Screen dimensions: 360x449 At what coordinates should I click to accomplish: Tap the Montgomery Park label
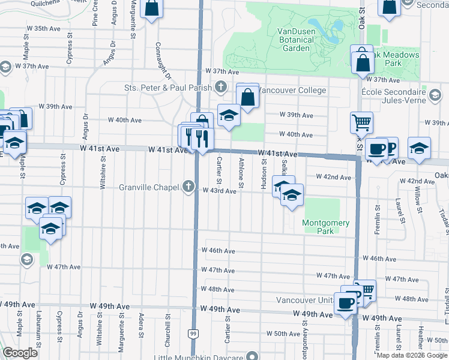325,227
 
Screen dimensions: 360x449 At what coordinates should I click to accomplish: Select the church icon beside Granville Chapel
189,187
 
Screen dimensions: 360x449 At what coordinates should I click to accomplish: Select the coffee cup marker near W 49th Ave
346,304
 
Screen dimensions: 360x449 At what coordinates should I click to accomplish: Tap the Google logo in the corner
20,353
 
